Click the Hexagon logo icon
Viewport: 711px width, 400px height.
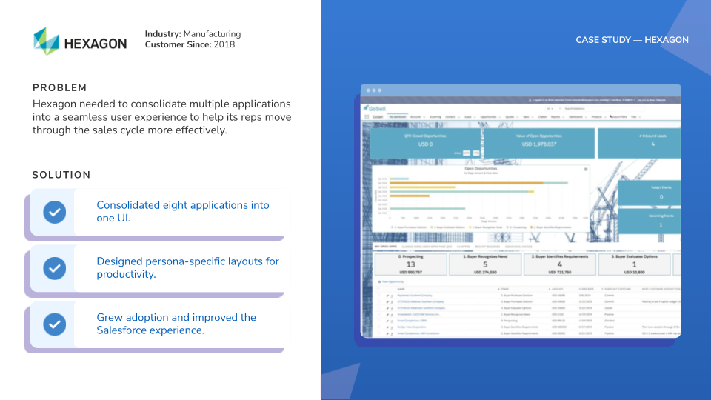point(46,41)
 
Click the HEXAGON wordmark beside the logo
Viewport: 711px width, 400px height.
point(96,44)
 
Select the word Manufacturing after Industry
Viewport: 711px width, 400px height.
point(212,34)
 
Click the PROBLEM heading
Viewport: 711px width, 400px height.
point(60,88)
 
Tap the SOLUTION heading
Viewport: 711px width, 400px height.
point(61,176)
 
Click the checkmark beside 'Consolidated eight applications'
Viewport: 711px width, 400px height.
point(54,212)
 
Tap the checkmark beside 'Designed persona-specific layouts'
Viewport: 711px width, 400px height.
point(54,267)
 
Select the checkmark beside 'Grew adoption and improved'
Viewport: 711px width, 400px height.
point(54,324)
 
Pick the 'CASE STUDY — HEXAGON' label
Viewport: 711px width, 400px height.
point(632,40)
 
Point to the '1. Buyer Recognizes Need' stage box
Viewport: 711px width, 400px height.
point(484,264)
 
